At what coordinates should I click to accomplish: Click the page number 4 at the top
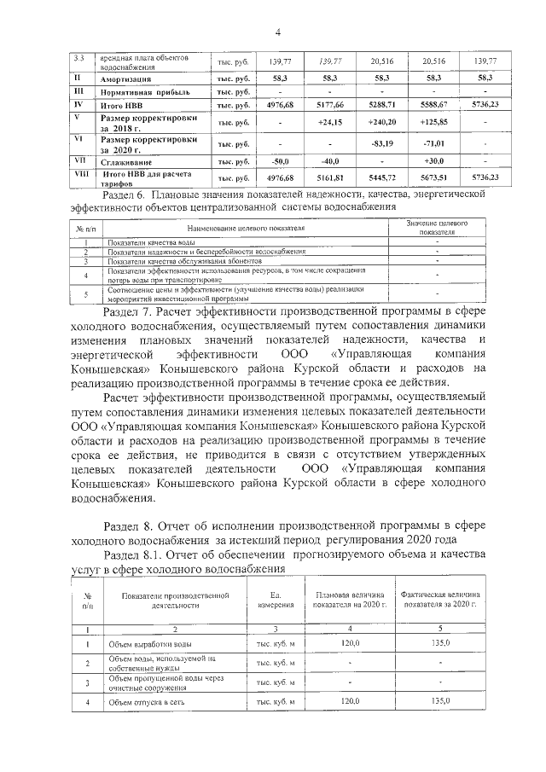[x=278, y=32]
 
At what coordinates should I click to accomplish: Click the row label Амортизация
[x=128, y=77]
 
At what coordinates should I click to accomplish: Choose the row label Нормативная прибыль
[x=140, y=90]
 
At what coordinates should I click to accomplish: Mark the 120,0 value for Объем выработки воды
[x=350, y=644]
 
